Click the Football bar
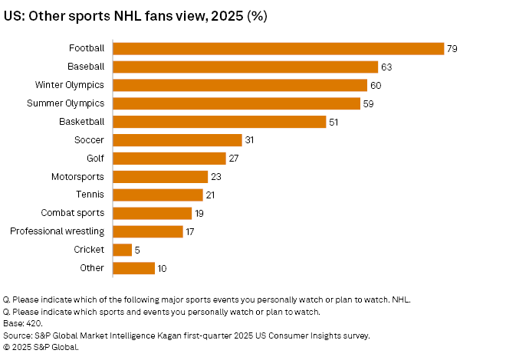[x=278, y=48]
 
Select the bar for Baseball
[x=245, y=67]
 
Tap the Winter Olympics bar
[x=239, y=85]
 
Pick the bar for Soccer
[x=178, y=140]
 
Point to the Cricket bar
[x=123, y=250]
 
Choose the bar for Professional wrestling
[x=148, y=231]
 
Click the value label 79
[x=452, y=48]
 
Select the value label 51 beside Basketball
[x=333, y=122]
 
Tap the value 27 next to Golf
[x=235, y=159]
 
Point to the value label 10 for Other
[x=162, y=268]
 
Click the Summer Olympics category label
[x=66, y=103]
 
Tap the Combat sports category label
[x=74, y=213]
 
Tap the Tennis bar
[x=158, y=195]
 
